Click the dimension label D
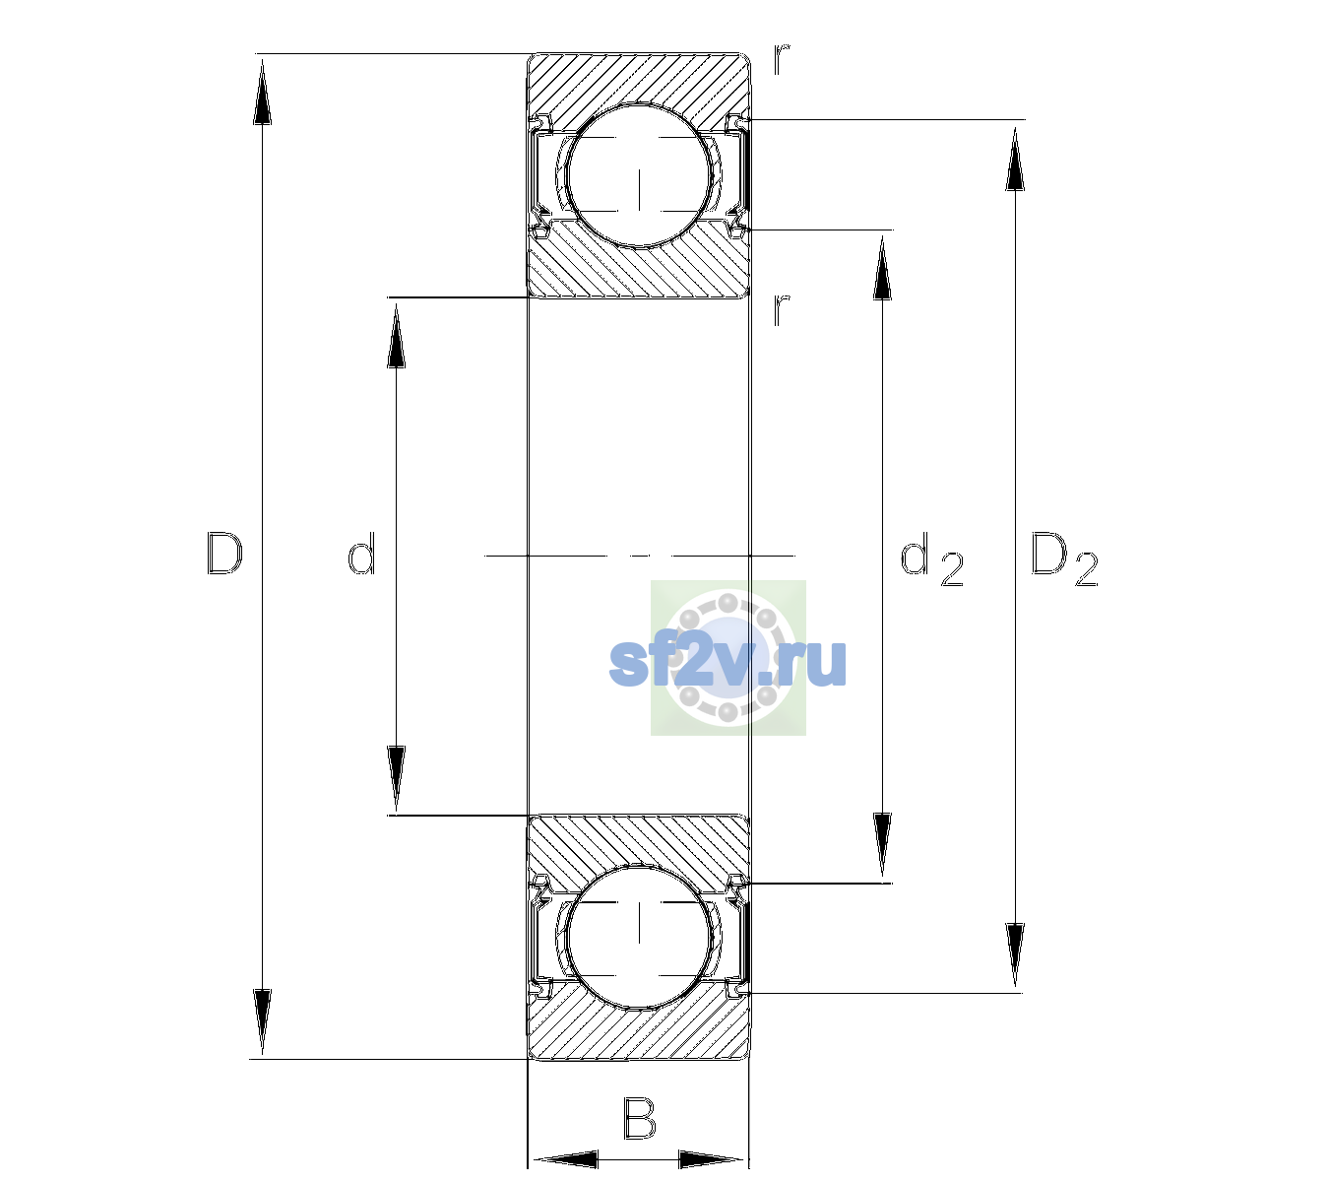point(225,554)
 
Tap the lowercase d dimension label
point(362,554)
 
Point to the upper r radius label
point(782,59)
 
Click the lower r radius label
point(781,310)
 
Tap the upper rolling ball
point(639,175)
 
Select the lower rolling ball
point(639,936)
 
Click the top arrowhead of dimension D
point(263,92)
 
